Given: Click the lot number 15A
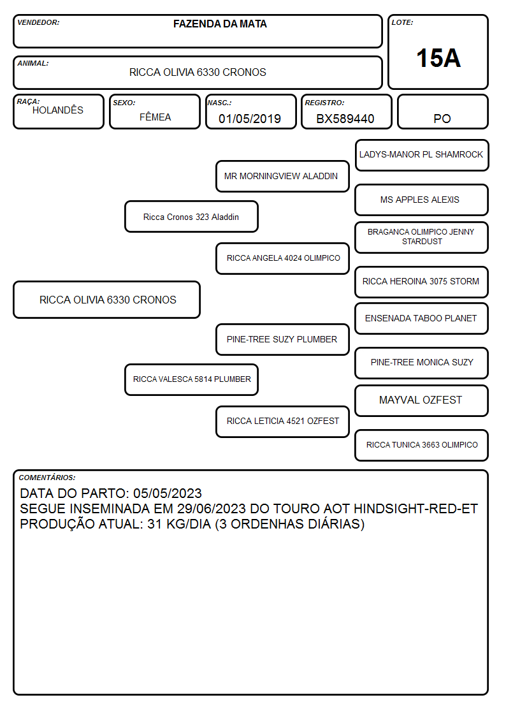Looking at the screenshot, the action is (438, 58).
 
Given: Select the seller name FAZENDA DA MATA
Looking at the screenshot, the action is (220, 24).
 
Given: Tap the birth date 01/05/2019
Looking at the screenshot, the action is (250, 119).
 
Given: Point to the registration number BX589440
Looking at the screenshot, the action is (345, 119).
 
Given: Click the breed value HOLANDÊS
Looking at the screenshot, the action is (58, 110).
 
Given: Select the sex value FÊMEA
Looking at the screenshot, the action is (155, 117).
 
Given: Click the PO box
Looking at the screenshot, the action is (442, 112).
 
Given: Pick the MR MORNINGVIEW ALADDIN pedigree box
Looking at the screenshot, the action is (282, 176).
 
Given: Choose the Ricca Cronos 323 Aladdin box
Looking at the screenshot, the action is (191, 217).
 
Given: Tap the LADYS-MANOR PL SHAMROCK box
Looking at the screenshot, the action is (422, 156).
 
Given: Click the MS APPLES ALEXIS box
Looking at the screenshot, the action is (422, 200).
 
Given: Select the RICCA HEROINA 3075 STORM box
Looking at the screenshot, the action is (422, 282).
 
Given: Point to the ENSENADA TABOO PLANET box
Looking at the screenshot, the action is (422, 318).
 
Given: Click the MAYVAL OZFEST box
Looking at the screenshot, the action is (422, 400).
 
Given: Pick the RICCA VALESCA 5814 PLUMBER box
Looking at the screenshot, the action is (191, 379).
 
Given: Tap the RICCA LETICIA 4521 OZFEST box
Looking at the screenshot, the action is (282, 421).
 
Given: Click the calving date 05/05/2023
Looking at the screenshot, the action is (168, 493).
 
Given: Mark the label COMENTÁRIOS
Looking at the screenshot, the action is (47, 478).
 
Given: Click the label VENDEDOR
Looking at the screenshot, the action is (38, 22).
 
